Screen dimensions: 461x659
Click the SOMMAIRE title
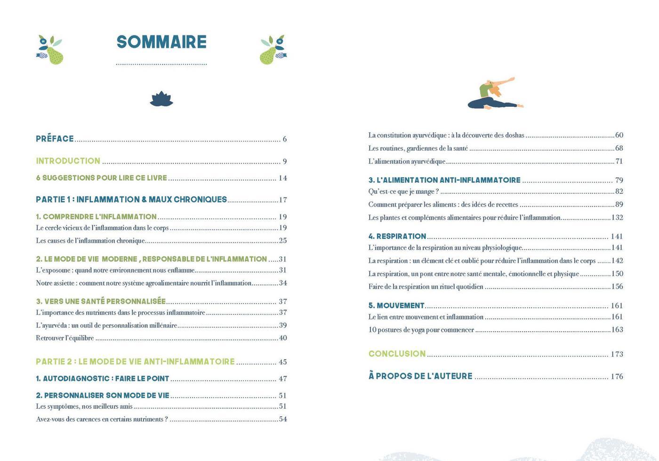(x=161, y=42)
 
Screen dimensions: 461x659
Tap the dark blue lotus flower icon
(x=161, y=99)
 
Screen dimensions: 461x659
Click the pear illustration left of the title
(x=51, y=50)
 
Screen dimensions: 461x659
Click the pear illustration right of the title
(x=273, y=50)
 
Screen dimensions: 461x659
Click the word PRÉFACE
(x=55, y=139)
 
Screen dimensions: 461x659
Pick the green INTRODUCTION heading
(x=68, y=161)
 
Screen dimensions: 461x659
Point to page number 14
(x=282, y=178)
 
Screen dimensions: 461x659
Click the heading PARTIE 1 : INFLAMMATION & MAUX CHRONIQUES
(x=131, y=199)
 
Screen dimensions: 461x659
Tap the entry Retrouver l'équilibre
(x=65, y=338)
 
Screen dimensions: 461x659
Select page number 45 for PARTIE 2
(x=282, y=362)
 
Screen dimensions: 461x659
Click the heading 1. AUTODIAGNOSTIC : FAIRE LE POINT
(x=102, y=379)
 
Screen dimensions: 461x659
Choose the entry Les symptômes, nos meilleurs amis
(x=84, y=406)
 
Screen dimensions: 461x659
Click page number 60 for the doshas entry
(x=619, y=135)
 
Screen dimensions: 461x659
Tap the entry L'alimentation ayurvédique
(x=407, y=161)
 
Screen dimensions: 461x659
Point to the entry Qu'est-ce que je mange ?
(x=403, y=191)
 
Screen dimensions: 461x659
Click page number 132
(x=617, y=218)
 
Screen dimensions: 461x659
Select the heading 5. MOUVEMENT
(x=396, y=306)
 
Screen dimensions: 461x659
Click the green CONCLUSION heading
(x=397, y=354)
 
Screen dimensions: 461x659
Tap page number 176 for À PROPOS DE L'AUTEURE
(x=617, y=376)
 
